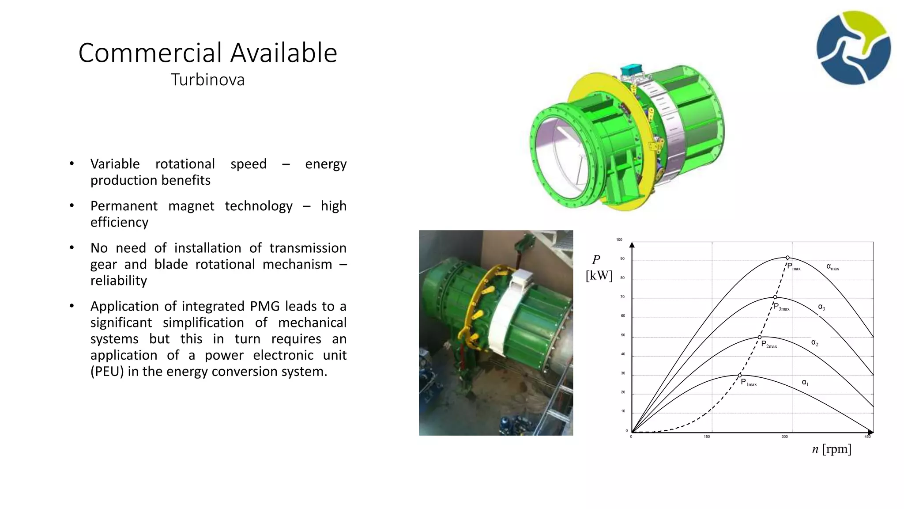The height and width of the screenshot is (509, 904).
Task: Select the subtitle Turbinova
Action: point(207,80)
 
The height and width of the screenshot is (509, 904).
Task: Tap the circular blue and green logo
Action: point(854,48)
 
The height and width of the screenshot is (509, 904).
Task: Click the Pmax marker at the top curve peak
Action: point(787,258)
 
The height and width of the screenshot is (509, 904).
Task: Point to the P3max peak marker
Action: point(775,297)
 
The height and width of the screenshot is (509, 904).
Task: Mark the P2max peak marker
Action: point(760,337)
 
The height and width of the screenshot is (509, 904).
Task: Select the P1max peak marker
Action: point(740,375)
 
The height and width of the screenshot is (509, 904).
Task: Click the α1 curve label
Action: point(805,383)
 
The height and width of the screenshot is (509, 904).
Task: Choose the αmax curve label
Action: point(832,267)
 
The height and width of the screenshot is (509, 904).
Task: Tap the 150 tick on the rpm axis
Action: point(707,437)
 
